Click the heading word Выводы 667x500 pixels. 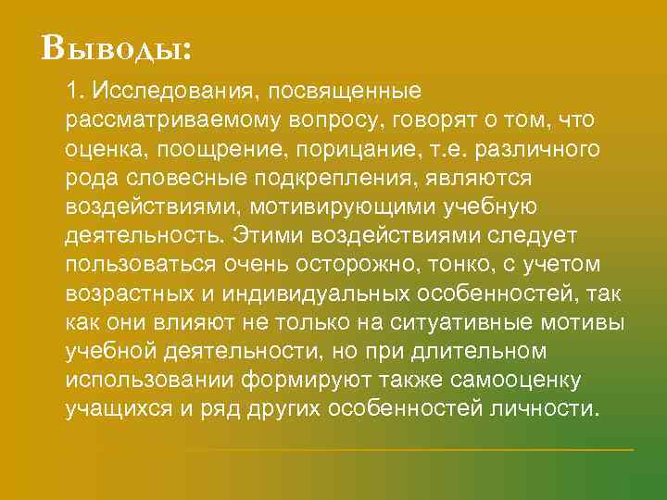point(116,47)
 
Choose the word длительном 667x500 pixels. point(479,352)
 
